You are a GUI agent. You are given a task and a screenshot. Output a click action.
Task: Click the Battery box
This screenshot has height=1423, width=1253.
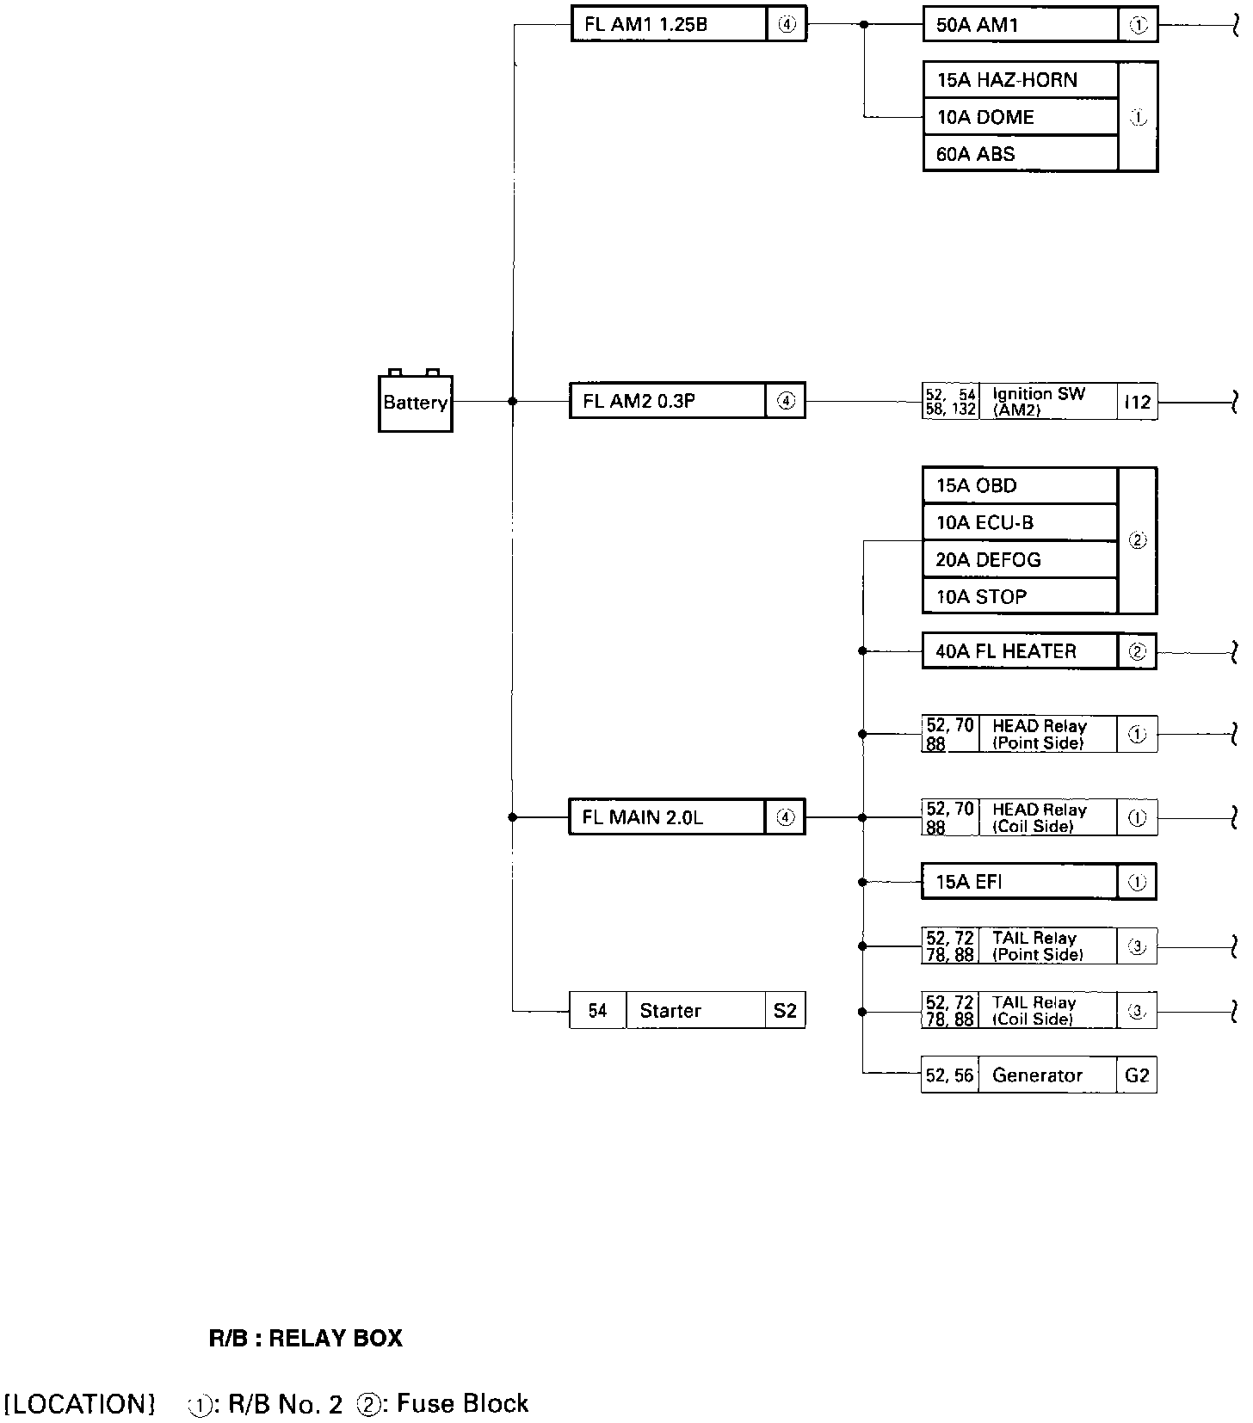tap(415, 403)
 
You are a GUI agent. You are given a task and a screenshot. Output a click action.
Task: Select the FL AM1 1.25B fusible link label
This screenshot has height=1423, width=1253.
tap(645, 25)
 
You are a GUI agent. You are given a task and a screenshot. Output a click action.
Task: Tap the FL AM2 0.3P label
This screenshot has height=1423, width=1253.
tap(639, 401)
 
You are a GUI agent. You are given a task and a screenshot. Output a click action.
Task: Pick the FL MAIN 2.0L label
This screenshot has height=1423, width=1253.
tap(642, 817)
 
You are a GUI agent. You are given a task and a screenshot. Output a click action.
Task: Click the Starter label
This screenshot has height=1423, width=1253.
tap(670, 1011)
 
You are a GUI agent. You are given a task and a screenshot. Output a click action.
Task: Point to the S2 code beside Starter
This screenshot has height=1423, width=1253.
tap(785, 1011)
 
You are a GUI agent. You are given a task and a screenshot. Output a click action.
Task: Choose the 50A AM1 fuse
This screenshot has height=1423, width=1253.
tap(977, 26)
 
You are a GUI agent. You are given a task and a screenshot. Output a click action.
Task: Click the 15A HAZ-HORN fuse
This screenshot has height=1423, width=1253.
tap(1007, 80)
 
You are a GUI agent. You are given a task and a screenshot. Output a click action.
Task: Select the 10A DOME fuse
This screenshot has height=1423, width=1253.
tap(985, 117)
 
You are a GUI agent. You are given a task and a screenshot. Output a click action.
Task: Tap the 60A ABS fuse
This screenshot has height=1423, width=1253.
tap(976, 154)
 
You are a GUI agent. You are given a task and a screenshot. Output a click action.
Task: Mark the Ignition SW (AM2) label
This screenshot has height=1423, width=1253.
tap(1039, 402)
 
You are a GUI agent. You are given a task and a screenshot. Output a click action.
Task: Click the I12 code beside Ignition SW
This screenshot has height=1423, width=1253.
tap(1138, 402)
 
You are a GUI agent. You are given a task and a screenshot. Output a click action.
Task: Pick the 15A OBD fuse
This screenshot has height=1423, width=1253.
tap(977, 485)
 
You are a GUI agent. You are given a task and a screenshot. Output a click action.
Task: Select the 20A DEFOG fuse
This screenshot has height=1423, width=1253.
tap(988, 560)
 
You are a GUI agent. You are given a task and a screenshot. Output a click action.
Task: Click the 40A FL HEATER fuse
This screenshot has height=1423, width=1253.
tap(1006, 651)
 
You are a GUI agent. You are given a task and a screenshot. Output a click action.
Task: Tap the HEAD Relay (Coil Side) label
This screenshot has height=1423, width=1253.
tap(1039, 817)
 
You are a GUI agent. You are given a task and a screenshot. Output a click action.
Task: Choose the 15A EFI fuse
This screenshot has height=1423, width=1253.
tap(969, 882)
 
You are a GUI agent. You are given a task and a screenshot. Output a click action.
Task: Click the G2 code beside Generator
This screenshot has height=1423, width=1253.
tap(1137, 1075)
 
